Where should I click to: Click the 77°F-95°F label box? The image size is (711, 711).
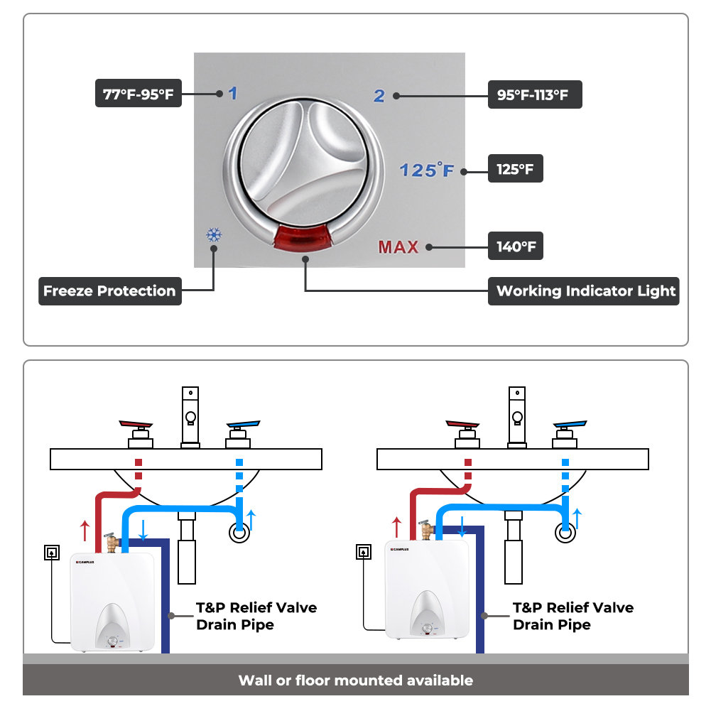click(139, 93)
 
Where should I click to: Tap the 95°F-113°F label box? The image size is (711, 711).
click(534, 94)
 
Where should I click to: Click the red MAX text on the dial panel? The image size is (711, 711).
click(398, 247)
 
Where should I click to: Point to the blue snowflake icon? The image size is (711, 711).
click(212, 235)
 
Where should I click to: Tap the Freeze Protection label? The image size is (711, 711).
click(109, 291)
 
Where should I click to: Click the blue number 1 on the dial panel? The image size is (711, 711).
click(232, 93)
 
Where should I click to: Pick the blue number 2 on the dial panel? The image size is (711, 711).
click(379, 95)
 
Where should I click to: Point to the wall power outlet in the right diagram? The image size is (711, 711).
click(364, 551)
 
